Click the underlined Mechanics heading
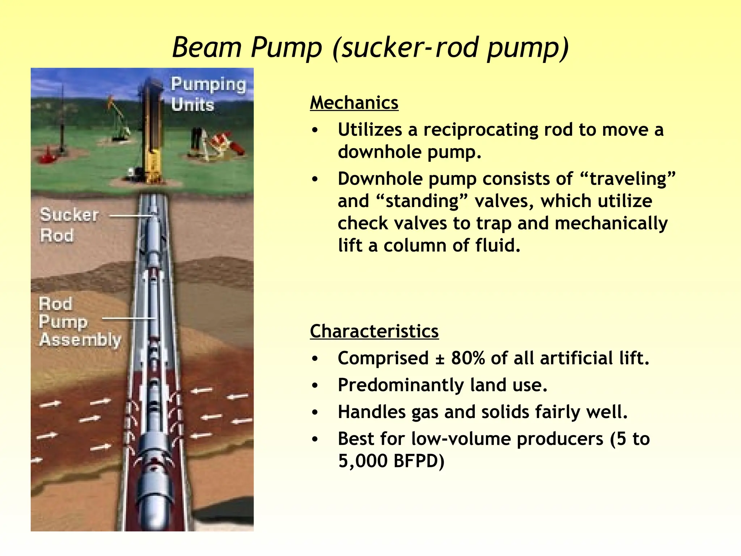coord(354,103)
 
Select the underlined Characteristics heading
coord(374,331)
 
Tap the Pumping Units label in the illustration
coord(208,94)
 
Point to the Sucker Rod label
coord(68,225)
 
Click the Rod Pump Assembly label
coord(80,322)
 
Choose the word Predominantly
coord(401,385)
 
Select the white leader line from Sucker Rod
coord(130,216)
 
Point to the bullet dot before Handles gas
coord(315,412)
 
